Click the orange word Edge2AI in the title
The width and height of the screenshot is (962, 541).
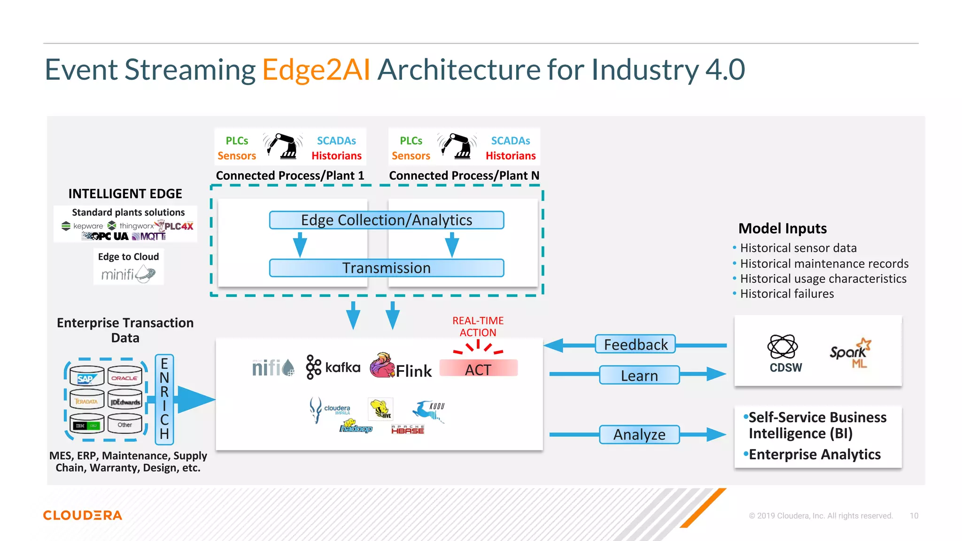click(x=316, y=70)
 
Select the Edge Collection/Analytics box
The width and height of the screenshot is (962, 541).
click(x=386, y=220)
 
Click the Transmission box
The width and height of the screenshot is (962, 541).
click(x=386, y=268)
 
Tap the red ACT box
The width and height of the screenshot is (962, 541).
click(x=478, y=369)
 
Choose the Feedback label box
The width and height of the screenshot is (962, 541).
click(x=635, y=345)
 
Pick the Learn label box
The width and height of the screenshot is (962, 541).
click(x=639, y=376)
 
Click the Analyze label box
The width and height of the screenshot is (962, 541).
click(x=639, y=434)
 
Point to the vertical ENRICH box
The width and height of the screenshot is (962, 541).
click(x=164, y=399)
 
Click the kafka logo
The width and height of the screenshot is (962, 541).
click(x=333, y=367)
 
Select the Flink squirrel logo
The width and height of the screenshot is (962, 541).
click(x=382, y=366)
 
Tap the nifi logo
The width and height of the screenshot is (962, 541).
click(x=273, y=368)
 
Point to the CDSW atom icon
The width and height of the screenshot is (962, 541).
click(x=782, y=347)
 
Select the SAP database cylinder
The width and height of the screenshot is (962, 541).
click(x=87, y=377)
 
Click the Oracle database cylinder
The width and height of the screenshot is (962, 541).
click(x=124, y=377)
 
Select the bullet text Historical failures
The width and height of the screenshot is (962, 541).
click(x=787, y=294)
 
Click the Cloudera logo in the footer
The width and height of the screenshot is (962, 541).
click(x=83, y=515)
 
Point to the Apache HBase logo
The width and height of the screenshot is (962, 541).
click(x=407, y=429)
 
